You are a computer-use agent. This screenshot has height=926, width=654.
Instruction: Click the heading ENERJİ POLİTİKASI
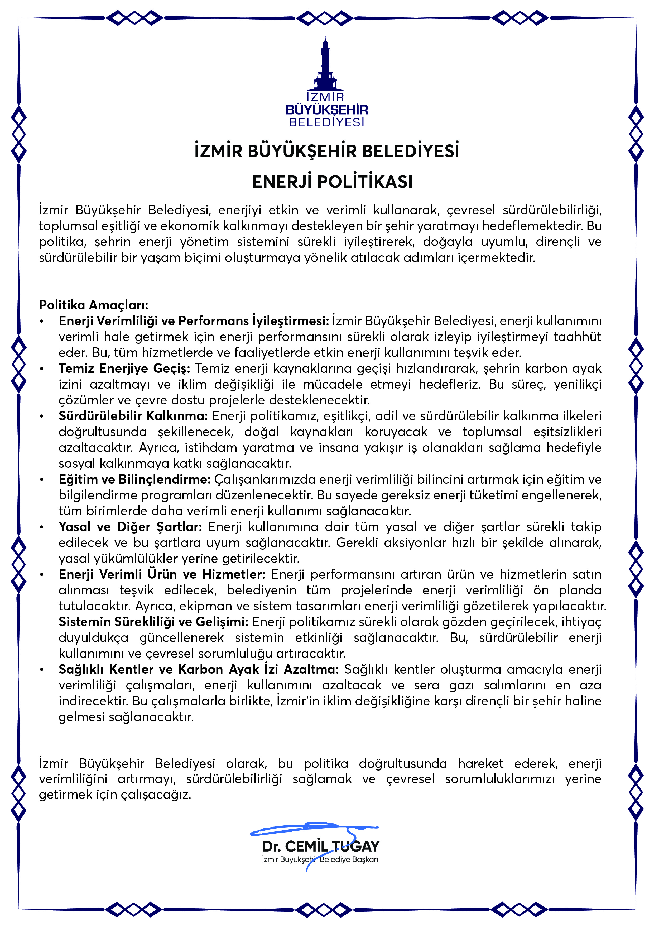point(333,182)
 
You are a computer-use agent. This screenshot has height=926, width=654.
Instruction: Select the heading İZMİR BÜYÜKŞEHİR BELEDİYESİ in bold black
point(327,151)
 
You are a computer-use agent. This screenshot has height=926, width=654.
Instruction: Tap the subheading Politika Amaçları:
point(94,305)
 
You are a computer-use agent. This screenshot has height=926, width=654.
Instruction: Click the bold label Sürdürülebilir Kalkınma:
point(133,416)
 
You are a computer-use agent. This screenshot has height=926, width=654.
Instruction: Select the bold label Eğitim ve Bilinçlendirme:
point(134,479)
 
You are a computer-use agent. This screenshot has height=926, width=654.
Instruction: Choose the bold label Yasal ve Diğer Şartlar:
point(130,527)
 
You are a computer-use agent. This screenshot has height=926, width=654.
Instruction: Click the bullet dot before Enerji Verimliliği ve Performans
point(41,322)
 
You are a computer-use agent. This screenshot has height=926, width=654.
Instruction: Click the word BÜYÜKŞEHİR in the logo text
point(326,110)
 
